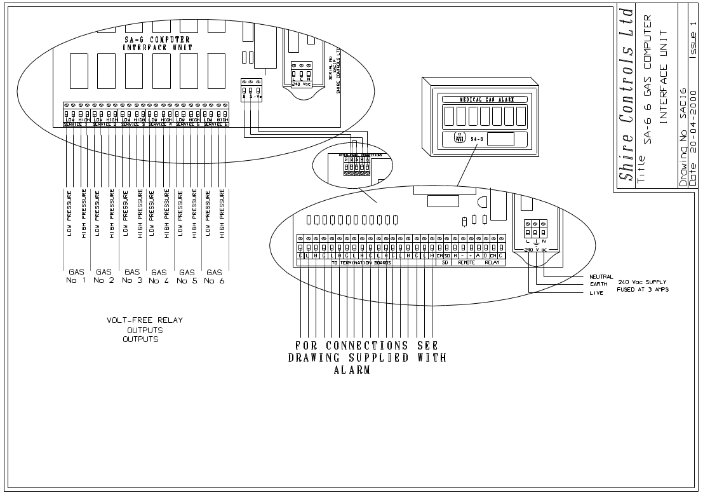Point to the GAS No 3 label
tap(132, 276)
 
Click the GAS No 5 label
tap(187, 276)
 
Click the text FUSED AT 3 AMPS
tap(643, 289)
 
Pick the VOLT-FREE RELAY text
tap(145, 320)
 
